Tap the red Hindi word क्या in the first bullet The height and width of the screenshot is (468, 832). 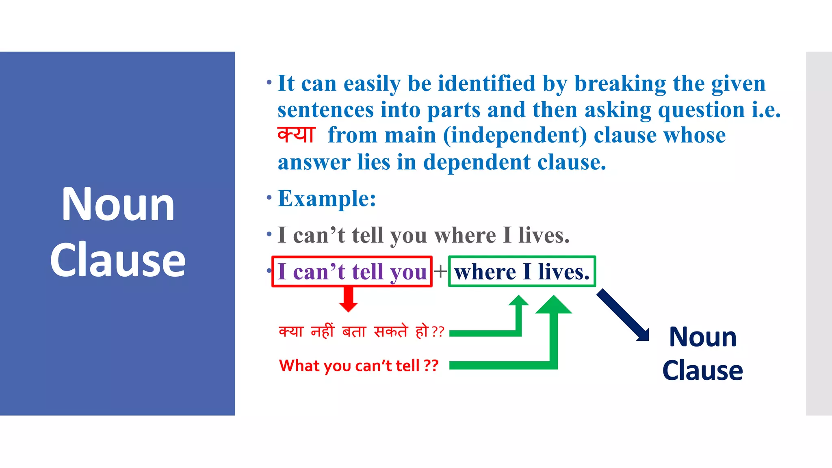coord(296,135)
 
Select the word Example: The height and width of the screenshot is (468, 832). coord(327,199)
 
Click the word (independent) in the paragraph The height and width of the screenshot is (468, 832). coord(515,136)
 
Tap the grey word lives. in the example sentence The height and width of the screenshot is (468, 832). coord(544,235)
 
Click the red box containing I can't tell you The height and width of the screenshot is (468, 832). coord(352,271)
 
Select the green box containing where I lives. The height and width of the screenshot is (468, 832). coord(522,271)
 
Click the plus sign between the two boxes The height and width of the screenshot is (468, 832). coord(440,271)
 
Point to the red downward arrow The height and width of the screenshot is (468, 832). coord(348,299)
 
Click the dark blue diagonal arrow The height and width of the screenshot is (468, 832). coord(622,315)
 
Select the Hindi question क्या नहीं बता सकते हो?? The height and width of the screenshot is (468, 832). coord(361,331)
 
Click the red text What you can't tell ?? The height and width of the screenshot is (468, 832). coord(358,366)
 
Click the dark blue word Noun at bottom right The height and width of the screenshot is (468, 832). coord(702,337)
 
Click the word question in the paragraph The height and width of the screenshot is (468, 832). coord(701,110)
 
